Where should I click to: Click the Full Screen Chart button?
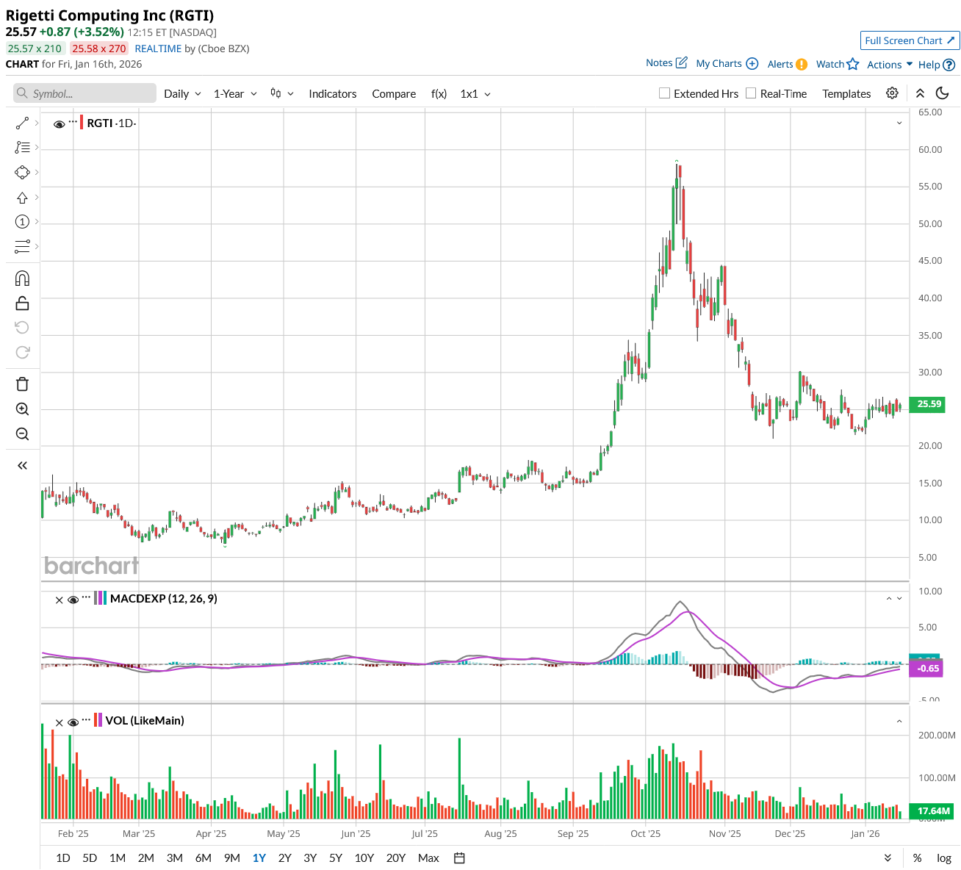point(910,40)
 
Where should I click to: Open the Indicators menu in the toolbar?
point(332,93)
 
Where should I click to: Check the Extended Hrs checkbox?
point(665,93)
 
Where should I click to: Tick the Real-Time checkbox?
point(751,93)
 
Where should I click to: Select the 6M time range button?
point(203,858)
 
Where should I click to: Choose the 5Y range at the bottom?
point(336,858)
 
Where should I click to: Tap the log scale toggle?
point(944,858)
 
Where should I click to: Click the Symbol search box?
point(84,93)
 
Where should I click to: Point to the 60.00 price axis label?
point(930,149)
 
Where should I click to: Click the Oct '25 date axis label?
point(646,833)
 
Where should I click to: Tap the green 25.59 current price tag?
point(929,403)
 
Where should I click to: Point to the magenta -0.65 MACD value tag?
point(929,668)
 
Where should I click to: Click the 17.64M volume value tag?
point(933,811)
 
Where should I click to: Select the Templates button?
point(846,93)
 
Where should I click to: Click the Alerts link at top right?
point(787,64)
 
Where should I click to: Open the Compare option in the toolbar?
point(394,93)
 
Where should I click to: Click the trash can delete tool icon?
point(22,384)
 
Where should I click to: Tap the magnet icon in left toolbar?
point(22,278)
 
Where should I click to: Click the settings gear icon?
point(892,93)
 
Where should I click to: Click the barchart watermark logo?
point(91,566)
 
